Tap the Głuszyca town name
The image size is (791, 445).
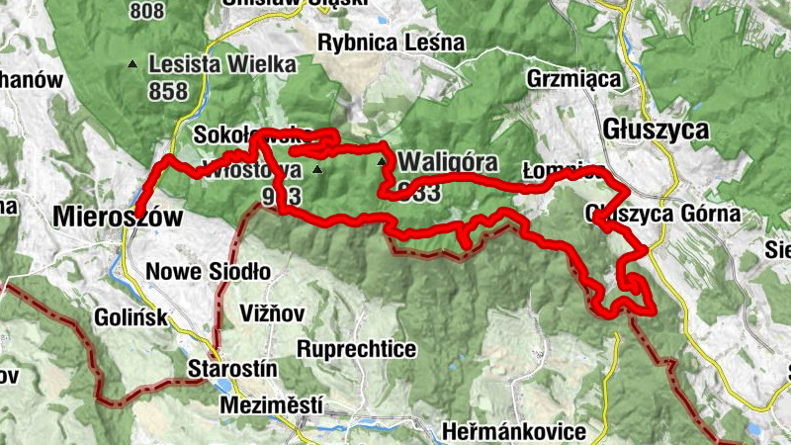coord(656,130)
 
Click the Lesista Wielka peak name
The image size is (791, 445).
coord(221,65)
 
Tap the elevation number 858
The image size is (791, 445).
coord(170,89)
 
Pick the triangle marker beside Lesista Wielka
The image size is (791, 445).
coord(132,65)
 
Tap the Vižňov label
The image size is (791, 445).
coord(272,313)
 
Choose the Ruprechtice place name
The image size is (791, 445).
coord(357,350)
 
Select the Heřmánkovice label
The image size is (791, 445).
coord(516,432)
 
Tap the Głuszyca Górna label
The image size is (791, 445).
coord(662,214)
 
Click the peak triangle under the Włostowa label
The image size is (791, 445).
coord(317,170)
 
